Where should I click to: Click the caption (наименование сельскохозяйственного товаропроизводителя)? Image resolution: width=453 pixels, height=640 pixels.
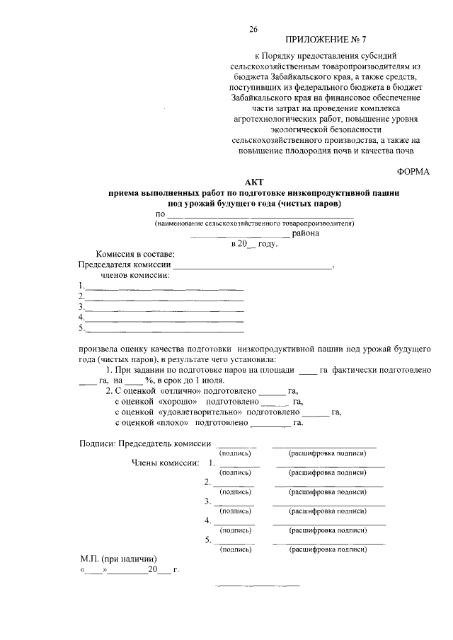pyautogui.click(x=254, y=223)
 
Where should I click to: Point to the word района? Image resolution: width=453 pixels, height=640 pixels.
pyautogui.click(x=305, y=233)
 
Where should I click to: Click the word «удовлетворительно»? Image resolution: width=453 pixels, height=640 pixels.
pyautogui.click(x=200, y=412)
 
